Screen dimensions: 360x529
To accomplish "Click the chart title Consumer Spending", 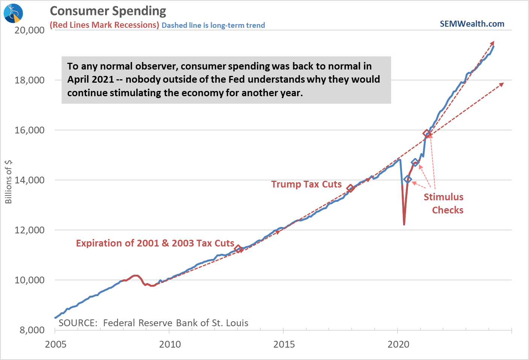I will [x=108, y=11].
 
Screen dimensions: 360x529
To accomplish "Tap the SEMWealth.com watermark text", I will [x=472, y=24].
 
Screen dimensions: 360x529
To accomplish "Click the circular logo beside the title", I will [x=13, y=13].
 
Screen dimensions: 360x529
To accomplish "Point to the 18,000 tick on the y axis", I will [x=29, y=80].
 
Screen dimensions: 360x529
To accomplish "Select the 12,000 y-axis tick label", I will [x=29, y=230].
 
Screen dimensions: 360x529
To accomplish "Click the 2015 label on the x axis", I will [x=284, y=344].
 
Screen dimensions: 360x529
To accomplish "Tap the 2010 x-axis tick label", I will [x=170, y=344].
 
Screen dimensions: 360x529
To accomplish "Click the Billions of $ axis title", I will [x=8, y=182].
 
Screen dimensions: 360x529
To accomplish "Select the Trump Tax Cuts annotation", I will [x=307, y=184].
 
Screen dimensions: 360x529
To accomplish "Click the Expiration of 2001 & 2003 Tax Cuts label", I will [x=155, y=243].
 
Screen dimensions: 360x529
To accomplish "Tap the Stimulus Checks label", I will [x=444, y=203].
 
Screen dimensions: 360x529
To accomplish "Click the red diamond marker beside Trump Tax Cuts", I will [x=350, y=188].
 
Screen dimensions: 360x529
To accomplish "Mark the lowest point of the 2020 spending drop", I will [x=404, y=224].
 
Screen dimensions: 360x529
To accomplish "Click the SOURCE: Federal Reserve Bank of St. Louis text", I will [x=153, y=323].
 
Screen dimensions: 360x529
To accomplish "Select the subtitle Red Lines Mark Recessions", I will [x=104, y=25].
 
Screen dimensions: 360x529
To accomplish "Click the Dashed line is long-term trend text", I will [x=213, y=25].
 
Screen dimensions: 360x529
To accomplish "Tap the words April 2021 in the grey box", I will [x=90, y=79].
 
